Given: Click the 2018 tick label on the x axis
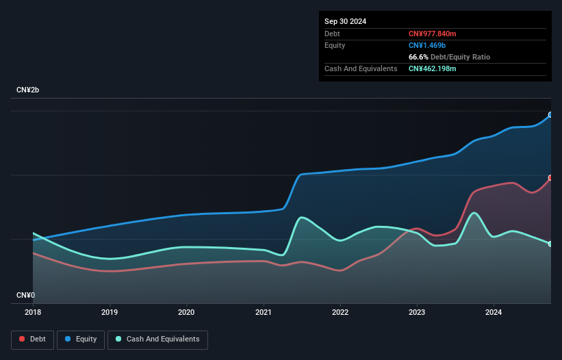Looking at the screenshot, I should [32, 312].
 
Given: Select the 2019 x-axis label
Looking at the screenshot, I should [109, 312].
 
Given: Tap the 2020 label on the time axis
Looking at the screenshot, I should [186, 312].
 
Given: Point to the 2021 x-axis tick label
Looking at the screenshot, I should [264, 312].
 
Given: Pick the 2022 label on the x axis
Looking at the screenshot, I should [340, 312].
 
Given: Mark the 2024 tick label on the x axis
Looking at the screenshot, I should [494, 312].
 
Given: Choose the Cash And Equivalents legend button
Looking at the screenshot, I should [157, 339].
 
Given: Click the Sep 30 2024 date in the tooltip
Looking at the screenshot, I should [346, 21].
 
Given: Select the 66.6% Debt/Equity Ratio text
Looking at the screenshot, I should [449, 57].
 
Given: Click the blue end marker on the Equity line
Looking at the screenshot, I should [550, 115].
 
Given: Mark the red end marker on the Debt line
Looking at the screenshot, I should [550, 178].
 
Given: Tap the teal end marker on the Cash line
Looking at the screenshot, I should [550, 244].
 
